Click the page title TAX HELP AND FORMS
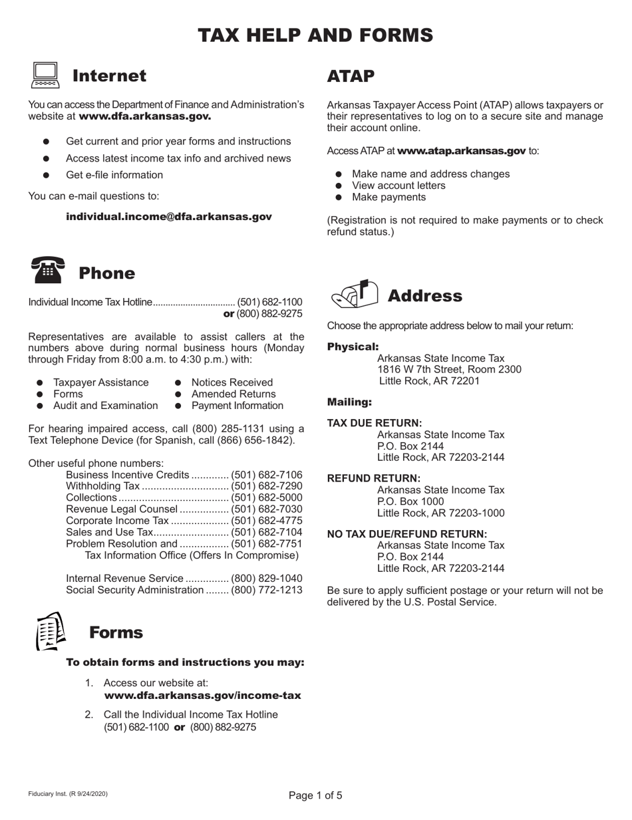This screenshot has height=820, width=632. (x=316, y=35)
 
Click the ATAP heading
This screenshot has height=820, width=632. (x=351, y=76)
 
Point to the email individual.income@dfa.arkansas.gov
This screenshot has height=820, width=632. (x=169, y=217)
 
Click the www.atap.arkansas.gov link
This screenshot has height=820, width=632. (x=462, y=151)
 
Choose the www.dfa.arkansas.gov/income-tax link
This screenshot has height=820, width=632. (x=202, y=695)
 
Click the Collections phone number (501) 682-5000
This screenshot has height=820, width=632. (x=266, y=497)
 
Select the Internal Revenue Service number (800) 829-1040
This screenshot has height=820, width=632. (x=266, y=577)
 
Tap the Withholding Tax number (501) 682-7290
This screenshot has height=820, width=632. (x=266, y=486)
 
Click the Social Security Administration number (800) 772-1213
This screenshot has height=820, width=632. (x=266, y=589)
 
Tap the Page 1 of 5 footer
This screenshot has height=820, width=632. (x=316, y=795)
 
